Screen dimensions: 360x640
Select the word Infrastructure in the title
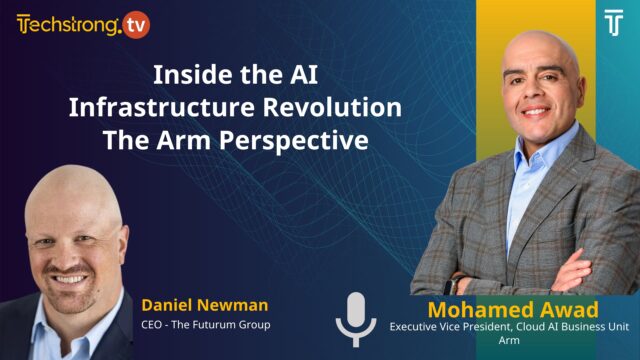click(x=143, y=108)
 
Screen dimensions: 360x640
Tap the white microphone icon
click(x=356, y=317)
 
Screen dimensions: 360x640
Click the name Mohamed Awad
click(x=512, y=307)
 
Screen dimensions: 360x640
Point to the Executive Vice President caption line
click(x=512, y=326)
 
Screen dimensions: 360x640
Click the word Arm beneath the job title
click(x=512, y=340)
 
